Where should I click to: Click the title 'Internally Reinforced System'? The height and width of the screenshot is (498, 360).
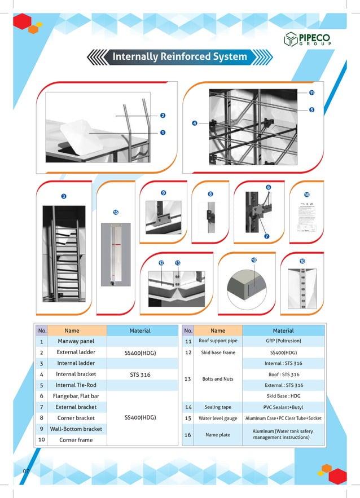click(179, 57)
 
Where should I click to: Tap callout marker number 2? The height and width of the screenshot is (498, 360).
click(163, 116)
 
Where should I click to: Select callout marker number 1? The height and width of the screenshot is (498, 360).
click(163, 133)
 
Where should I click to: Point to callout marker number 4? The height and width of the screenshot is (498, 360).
click(194, 123)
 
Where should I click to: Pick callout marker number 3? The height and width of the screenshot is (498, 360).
click(63, 196)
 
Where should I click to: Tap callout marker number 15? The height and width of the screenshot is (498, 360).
click(115, 213)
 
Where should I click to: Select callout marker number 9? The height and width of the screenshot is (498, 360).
click(163, 193)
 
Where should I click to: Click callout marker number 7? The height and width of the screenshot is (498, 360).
click(266, 236)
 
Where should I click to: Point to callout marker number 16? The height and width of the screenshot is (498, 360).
click(307, 195)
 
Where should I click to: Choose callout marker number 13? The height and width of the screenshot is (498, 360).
click(177, 263)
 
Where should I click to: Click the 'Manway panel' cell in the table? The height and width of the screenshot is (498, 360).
click(76, 341)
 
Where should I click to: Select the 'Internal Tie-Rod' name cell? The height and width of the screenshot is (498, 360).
click(76, 385)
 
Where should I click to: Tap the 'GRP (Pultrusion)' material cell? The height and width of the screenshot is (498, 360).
click(283, 341)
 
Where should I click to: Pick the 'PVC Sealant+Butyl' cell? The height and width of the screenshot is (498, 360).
click(283, 407)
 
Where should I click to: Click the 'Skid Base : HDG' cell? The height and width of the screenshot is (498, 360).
click(283, 396)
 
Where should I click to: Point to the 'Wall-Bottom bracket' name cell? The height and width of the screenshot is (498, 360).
click(76, 429)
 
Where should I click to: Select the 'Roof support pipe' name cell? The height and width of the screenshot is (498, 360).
click(218, 341)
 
